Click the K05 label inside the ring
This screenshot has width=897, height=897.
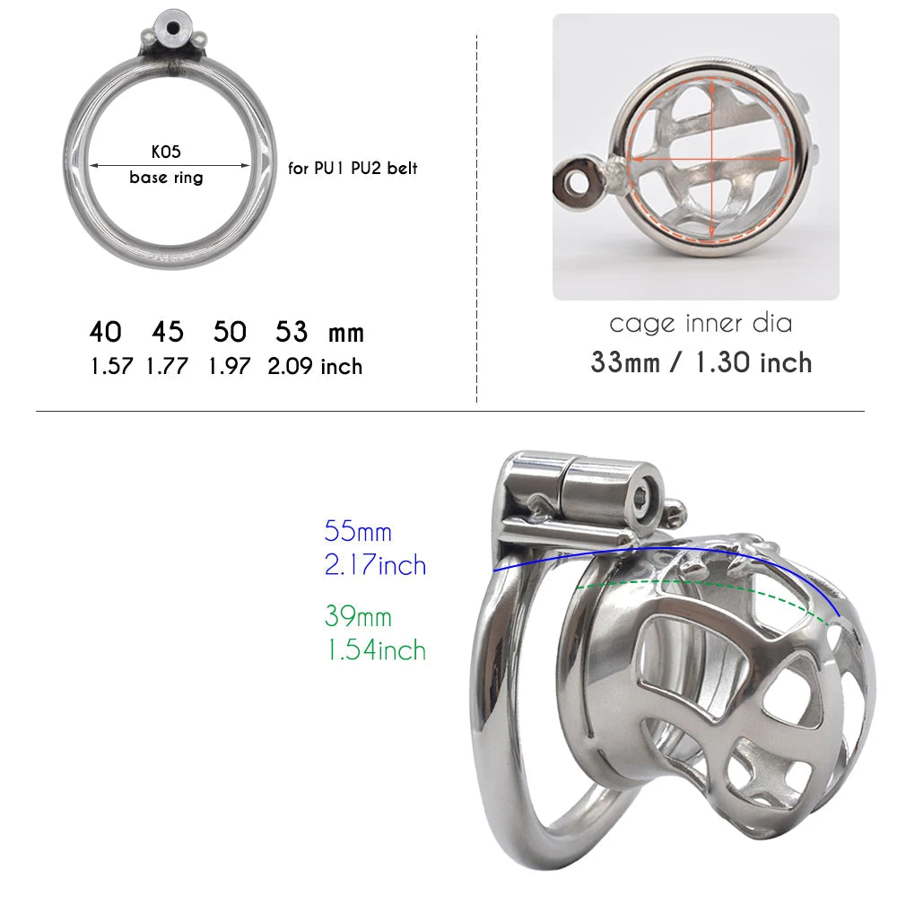pyautogui.click(x=166, y=152)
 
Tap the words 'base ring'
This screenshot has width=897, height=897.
pyautogui.click(x=166, y=178)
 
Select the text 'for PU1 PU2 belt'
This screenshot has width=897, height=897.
pyautogui.click(x=353, y=169)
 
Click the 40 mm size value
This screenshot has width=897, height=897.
pyautogui.click(x=105, y=332)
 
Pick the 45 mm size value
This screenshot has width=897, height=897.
pyautogui.click(x=168, y=332)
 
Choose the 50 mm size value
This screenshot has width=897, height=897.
pyautogui.click(x=230, y=332)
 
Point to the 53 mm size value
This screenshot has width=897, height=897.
pyautogui.click(x=292, y=332)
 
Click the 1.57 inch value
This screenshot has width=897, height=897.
pyautogui.click(x=111, y=366)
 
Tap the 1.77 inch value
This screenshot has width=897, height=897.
pyautogui.click(x=167, y=366)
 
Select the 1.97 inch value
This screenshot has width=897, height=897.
pyautogui.click(x=230, y=366)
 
